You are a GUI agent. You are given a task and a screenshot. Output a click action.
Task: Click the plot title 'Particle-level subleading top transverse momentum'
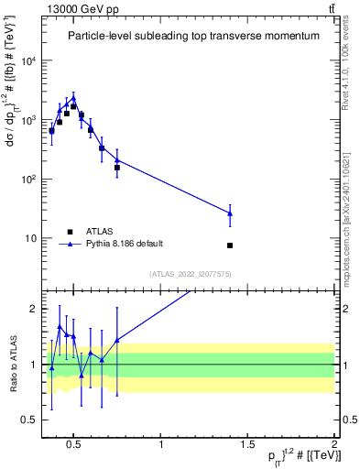point(193,36)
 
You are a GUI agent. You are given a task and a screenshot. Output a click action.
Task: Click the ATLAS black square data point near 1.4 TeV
point(230,245)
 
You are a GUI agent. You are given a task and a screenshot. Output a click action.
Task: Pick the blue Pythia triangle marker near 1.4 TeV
point(230,213)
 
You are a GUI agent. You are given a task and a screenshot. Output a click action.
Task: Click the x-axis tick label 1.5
point(247,446)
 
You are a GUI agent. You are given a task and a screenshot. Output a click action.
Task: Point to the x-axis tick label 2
point(334,446)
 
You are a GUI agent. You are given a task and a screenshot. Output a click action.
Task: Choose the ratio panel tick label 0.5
point(30,420)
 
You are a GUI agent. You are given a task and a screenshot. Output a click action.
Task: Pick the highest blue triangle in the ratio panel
point(60,326)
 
